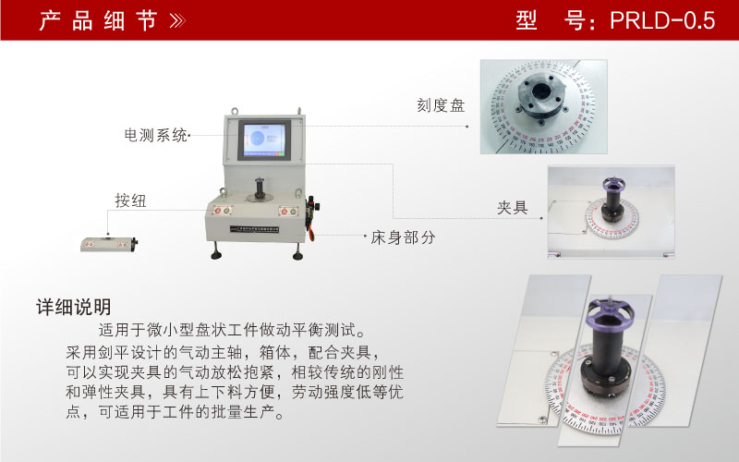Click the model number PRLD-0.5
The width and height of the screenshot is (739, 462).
point(662,20)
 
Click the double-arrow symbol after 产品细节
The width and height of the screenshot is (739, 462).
point(177,21)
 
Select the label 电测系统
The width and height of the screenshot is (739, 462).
point(156,136)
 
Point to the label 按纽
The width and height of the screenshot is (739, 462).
point(130,201)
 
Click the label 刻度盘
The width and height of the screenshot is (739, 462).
point(441,105)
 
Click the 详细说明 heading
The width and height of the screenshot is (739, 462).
point(73,307)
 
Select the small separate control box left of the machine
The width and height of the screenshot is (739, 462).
point(109,244)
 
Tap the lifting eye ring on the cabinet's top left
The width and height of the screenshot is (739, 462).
point(225,115)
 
